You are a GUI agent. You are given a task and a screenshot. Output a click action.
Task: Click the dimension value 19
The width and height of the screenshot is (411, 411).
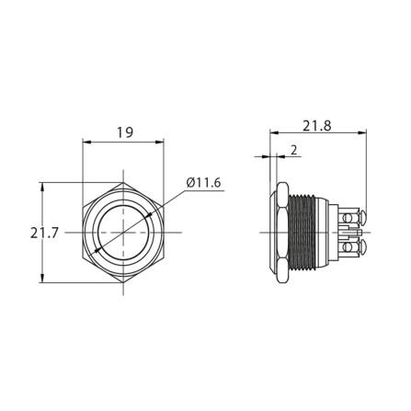(124, 132)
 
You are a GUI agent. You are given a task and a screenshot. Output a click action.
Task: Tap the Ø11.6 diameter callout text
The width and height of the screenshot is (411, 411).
(204, 183)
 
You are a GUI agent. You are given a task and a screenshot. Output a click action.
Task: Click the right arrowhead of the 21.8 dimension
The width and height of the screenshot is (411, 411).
(366, 134)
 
